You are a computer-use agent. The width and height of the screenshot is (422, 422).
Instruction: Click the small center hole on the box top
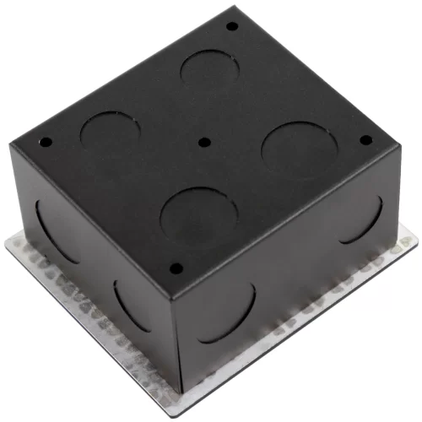click(205, 143)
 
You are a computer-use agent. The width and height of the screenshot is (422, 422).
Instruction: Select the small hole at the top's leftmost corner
click(47, 141)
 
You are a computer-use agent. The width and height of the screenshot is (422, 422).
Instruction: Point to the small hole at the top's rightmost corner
click(365, 140)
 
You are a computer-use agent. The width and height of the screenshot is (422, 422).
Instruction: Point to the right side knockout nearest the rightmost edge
click(365, 221)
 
